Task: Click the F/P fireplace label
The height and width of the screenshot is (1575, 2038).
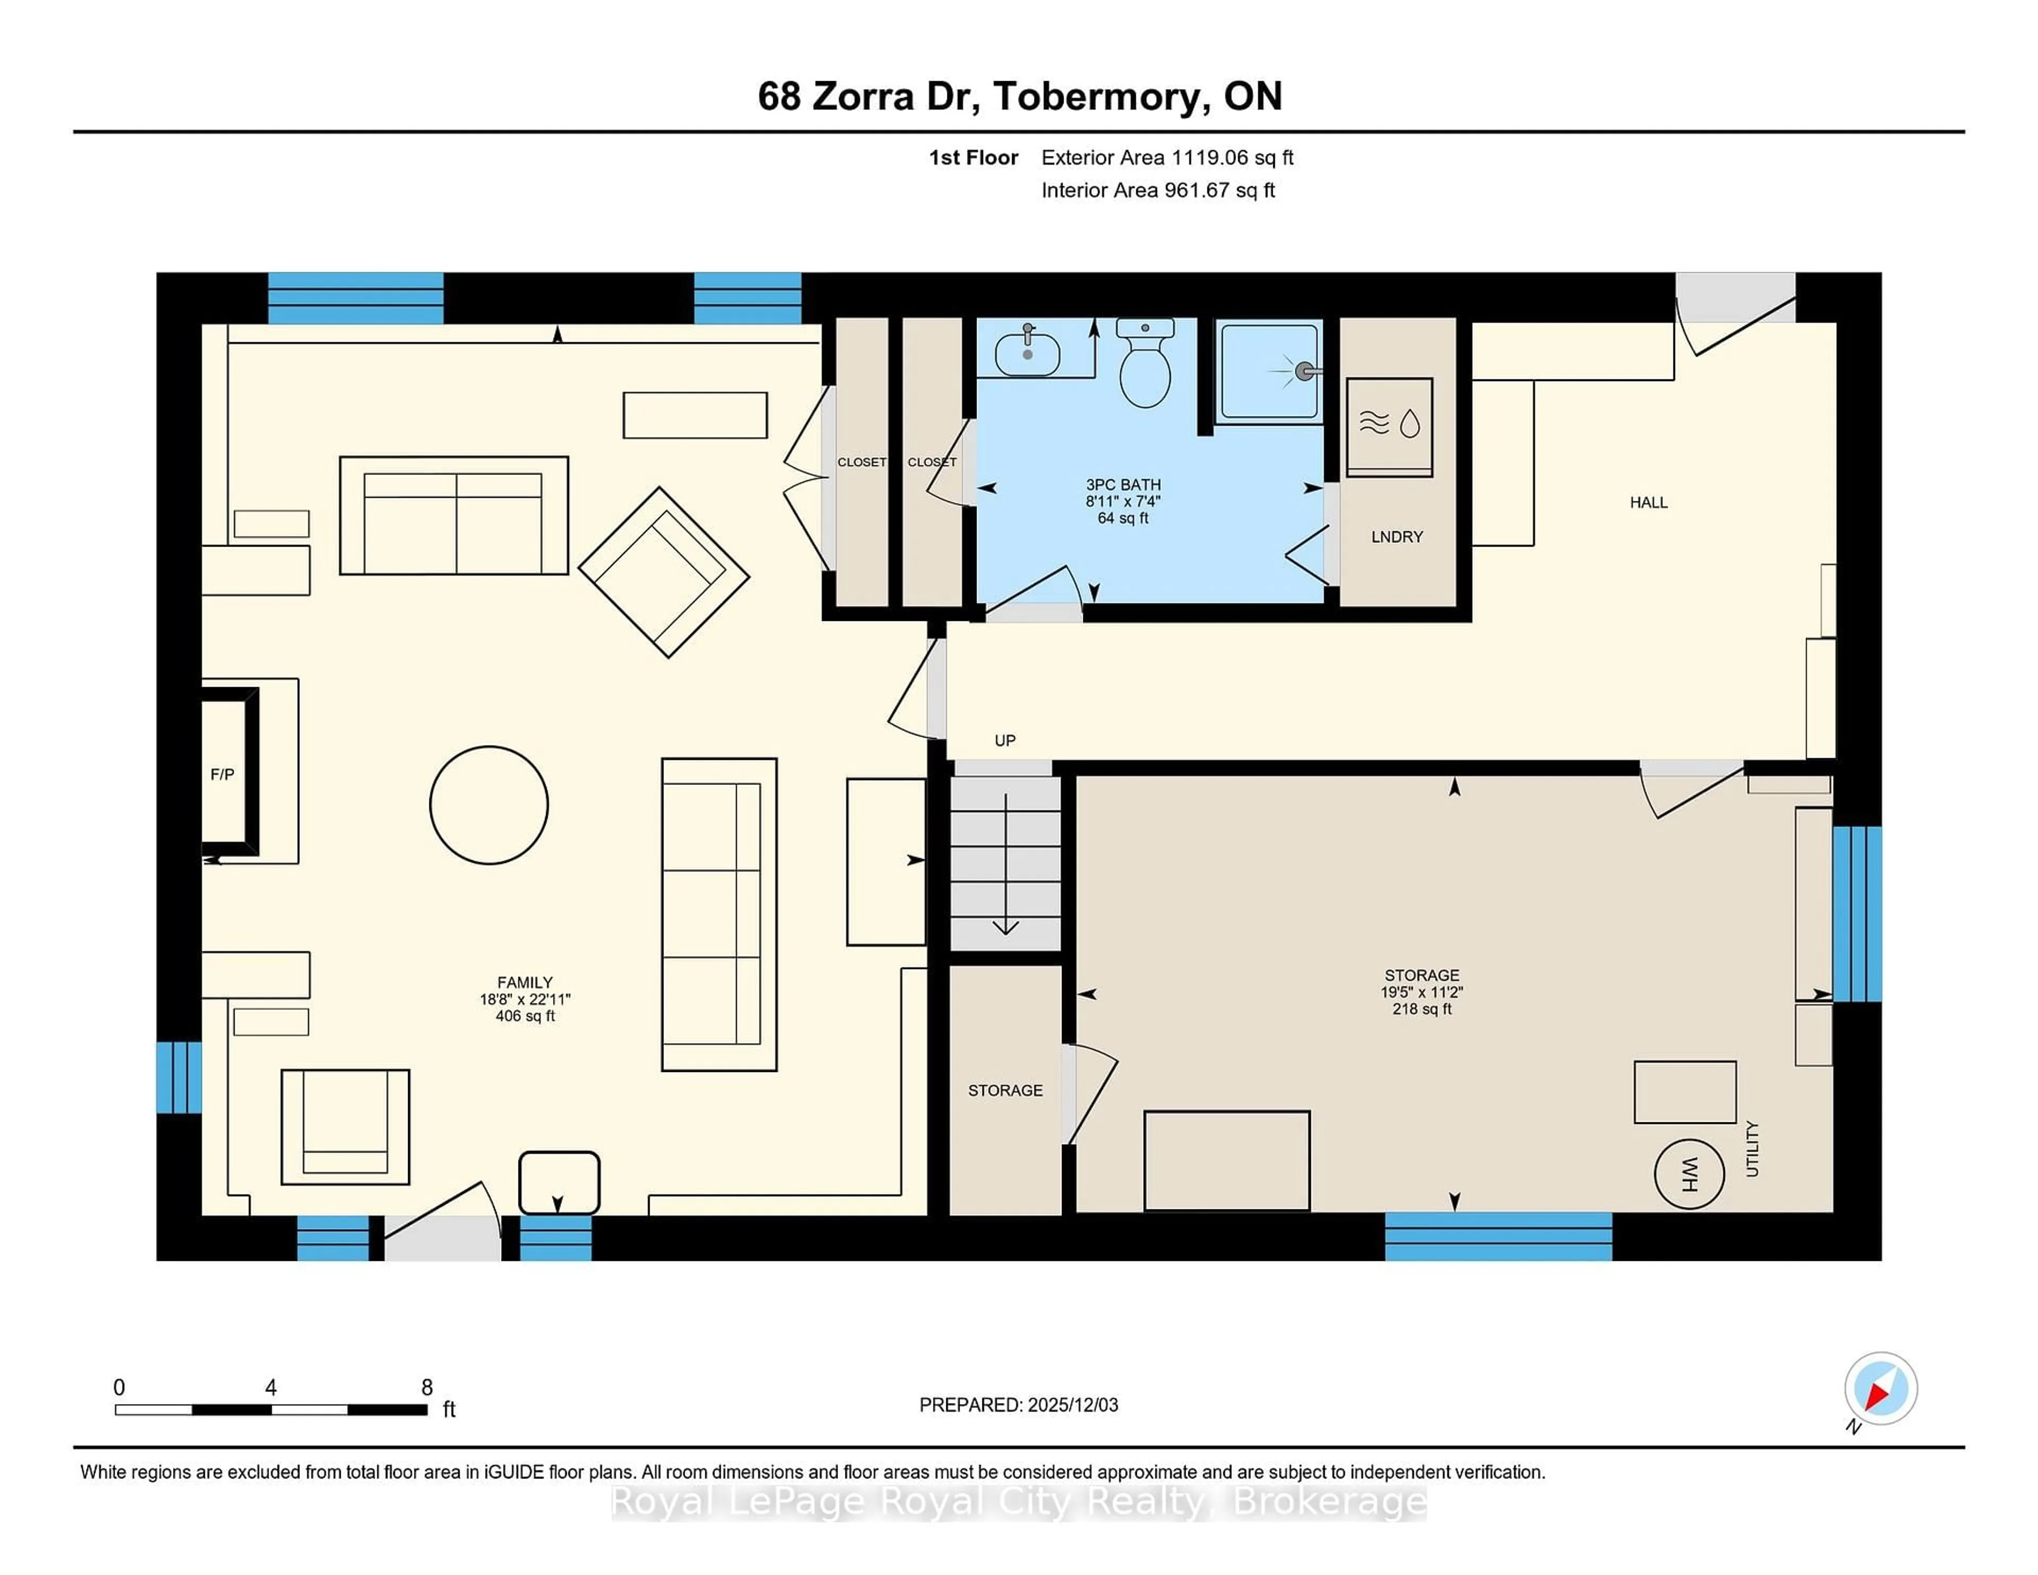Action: (x=222, y=774)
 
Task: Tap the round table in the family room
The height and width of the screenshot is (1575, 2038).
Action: (x=489, y=805)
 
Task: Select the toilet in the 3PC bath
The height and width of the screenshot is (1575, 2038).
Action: (x=1145, y=366)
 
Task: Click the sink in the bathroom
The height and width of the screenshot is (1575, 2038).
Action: (x=1027, y=353)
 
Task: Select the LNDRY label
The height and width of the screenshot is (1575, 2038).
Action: (x=1397, y=536)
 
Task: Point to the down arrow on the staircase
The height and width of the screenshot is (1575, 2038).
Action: (x=1005, y=863)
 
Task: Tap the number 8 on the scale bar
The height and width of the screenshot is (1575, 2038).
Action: (x=427, y=1388)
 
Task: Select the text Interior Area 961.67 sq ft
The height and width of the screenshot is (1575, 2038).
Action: (x=1158, y=191)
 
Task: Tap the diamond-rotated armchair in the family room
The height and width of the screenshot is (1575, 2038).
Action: (x=663, y=572)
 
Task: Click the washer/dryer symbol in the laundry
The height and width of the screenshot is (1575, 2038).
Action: (x=1389, y=427)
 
